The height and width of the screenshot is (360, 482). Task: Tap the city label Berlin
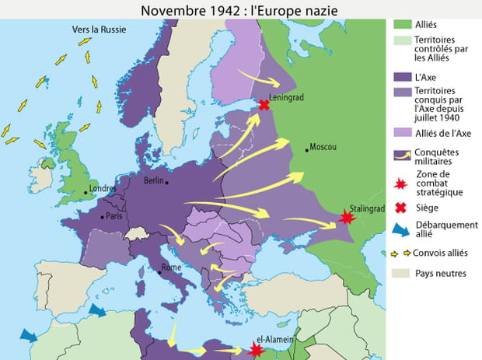pyautogui.click(x=154, y=180)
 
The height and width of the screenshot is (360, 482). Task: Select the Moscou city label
pyautogui.click(x=323, y=147)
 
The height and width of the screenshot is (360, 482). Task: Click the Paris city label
pyautogui.click(x=114, y=216)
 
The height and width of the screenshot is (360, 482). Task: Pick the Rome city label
pyautogui.click(x=171, y=267)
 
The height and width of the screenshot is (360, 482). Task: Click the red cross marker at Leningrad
pyautogui.click(x=264, y=105)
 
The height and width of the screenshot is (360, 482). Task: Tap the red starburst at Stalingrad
pyautogui.click(x=347, y=218)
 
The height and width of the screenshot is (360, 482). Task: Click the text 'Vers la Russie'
pyautogui.click(x=99, y=30)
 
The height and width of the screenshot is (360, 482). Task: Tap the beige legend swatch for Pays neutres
pyautogui.click(x=402, y=273)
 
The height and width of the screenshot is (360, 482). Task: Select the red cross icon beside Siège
pyautogui.click(x=402, y=207)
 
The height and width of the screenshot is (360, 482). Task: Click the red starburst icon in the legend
pyautogui.click(x=402, y=183)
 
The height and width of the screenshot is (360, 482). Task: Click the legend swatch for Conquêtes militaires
pyautogui.click(x=402, y=156)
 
